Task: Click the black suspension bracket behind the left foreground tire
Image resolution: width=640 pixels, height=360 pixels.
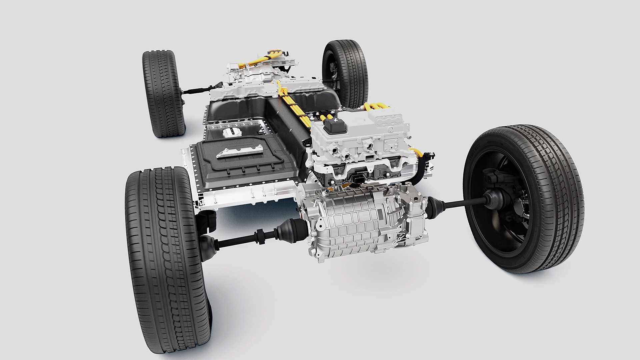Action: [x=207, y=220]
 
